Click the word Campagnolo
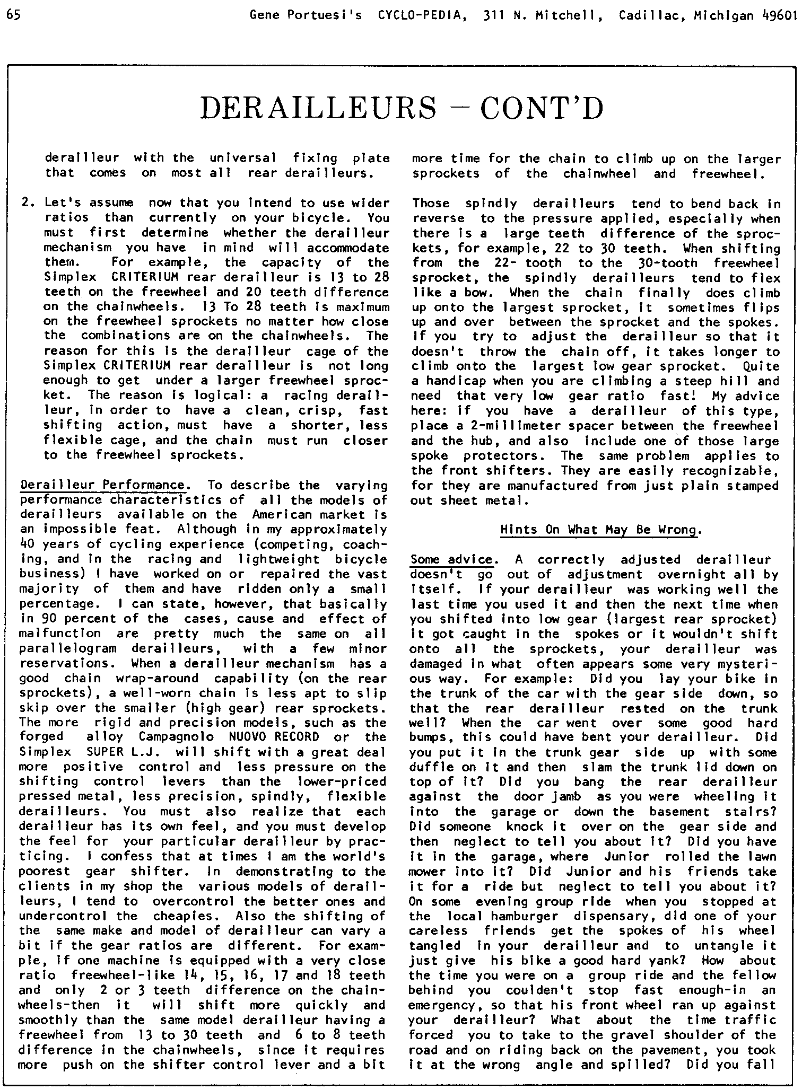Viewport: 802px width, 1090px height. pyautogui.click(x=177, y=737)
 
